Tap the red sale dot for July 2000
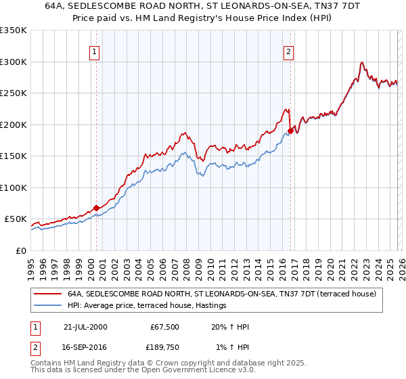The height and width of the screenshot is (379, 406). [x=97, y=208]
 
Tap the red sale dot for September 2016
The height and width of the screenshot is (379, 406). [x=290, y=130]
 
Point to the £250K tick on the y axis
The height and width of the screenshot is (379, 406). [x=14, y=93]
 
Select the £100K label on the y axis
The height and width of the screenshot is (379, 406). [x=14, y=187]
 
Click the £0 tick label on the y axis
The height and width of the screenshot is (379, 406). [x=20, y=250]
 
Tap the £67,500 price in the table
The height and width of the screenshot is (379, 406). [x=164, y=327]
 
